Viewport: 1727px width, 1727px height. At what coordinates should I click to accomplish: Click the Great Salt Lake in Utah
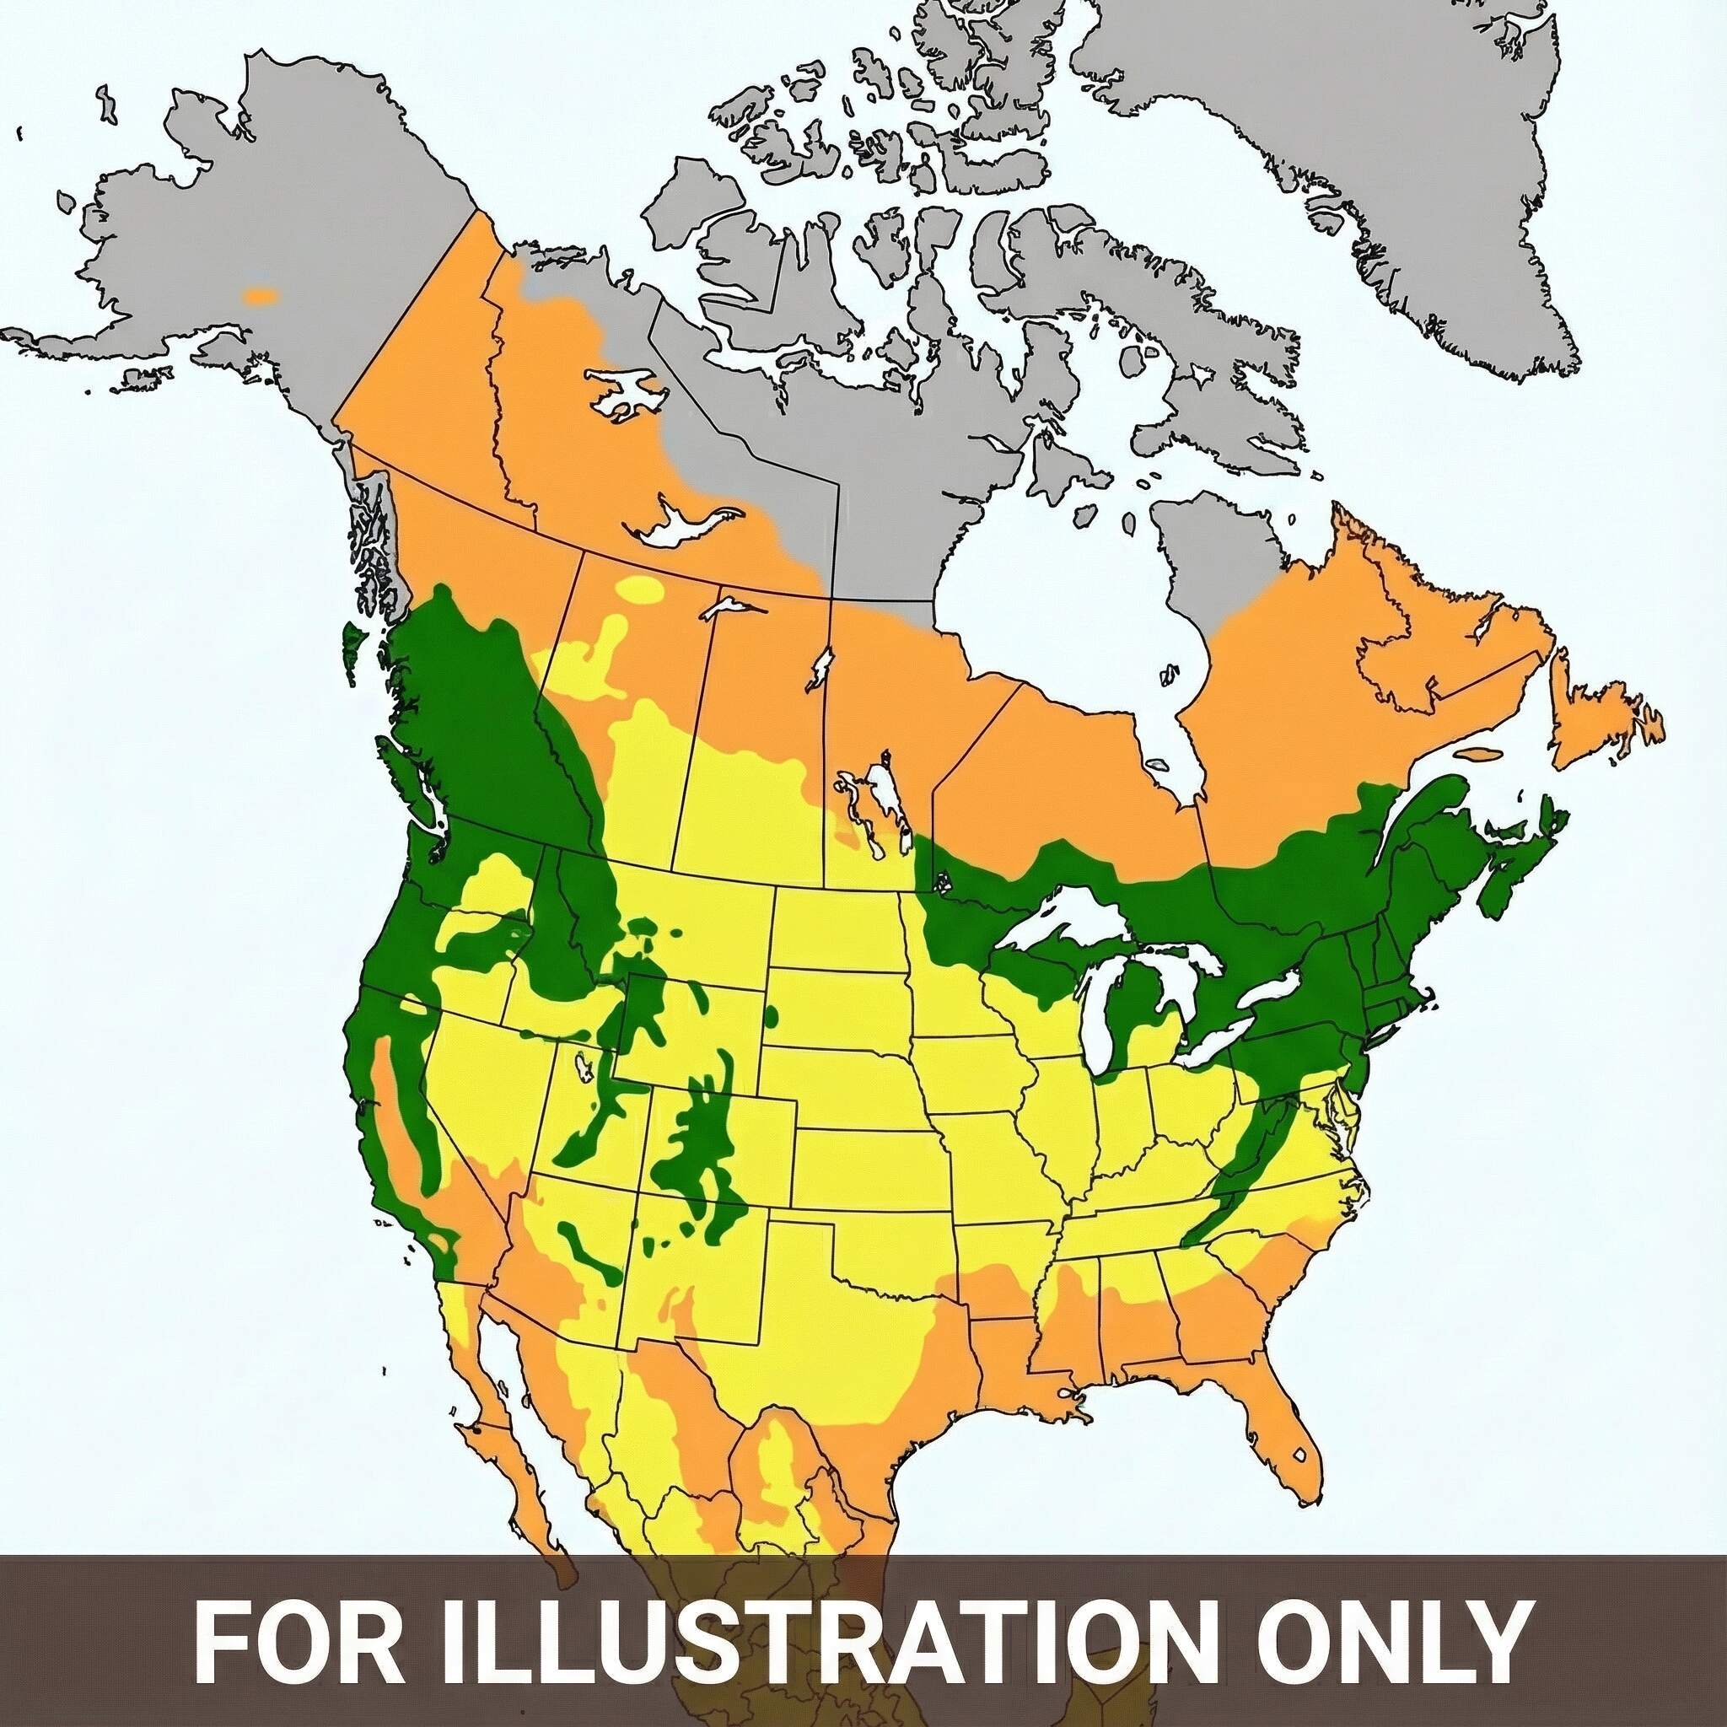[x=586, y=1068]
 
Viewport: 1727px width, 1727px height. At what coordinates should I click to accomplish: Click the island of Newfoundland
[x=1600, y=715]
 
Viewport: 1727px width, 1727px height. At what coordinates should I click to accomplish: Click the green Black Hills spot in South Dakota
[x=771, y=1015]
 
